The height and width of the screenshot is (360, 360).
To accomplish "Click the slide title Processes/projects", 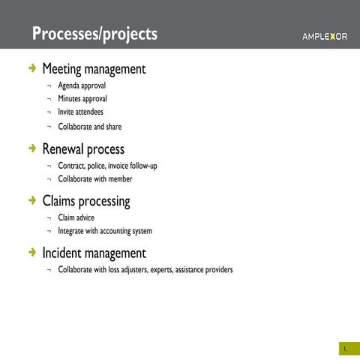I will coord(95,34).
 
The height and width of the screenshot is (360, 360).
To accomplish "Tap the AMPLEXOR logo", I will coord(324,37).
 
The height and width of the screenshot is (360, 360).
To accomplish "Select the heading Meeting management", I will coord(94,70).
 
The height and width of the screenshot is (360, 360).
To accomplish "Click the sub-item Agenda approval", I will coord(82,85).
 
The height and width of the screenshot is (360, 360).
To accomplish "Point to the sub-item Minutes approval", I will coord(82,98).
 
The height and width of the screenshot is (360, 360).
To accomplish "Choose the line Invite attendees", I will coord(80,112).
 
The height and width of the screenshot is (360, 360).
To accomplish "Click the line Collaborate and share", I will coord(89,127).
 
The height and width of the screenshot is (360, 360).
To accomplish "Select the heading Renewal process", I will coord(83,150).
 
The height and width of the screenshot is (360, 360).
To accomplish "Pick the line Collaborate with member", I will coord(94,179).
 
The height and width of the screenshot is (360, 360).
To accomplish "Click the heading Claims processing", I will coord(86,202).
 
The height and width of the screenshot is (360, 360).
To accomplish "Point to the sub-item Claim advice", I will coord(76,217).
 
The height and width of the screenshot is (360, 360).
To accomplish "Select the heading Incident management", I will coord(94,253).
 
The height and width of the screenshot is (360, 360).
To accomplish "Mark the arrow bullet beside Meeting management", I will coord(31,69).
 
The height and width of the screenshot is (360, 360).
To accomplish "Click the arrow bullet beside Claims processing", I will coord(31,201).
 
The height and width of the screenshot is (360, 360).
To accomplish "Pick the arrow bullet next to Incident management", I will coord(31,253).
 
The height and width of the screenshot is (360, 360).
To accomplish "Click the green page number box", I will coord(344,349).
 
